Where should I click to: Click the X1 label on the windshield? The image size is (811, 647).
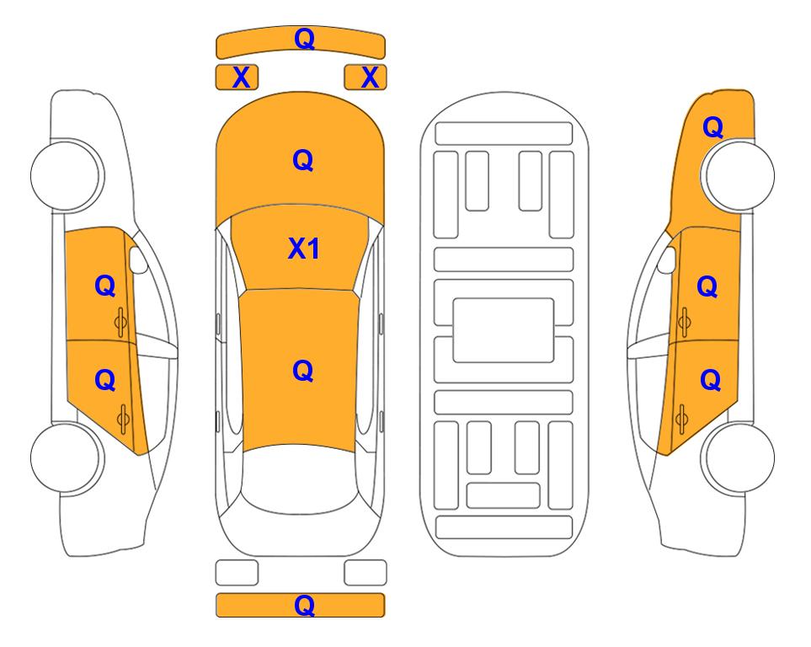coord(304,249)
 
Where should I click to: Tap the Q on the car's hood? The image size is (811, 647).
coord(303,160)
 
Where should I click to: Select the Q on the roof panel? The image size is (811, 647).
coord(303,371)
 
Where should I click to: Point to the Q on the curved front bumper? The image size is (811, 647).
coord(305,38)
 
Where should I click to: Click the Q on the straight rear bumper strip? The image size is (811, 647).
coord(305,605)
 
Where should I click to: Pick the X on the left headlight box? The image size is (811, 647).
coord(241,78)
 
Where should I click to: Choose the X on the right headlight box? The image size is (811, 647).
coord(370,78)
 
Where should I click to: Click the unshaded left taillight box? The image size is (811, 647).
coord(237,573)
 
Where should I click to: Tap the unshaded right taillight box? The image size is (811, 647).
coord(365,573)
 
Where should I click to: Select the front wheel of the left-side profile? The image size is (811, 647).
coord(67,175)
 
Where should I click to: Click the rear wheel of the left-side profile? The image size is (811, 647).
coord(67,457)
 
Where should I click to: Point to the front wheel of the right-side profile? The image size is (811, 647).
coord(739,175)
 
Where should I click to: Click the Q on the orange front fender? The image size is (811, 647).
coord(712,127)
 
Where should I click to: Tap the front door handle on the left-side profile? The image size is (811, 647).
coord(121,322)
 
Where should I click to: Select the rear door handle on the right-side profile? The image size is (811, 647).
coord(682,420)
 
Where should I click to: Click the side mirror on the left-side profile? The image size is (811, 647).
coord(137,259)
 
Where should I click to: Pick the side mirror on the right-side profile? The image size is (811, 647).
coord(667,259)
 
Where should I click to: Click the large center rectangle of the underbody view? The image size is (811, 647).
coord(504,330)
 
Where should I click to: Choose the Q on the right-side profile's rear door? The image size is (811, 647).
coord(711,381)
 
